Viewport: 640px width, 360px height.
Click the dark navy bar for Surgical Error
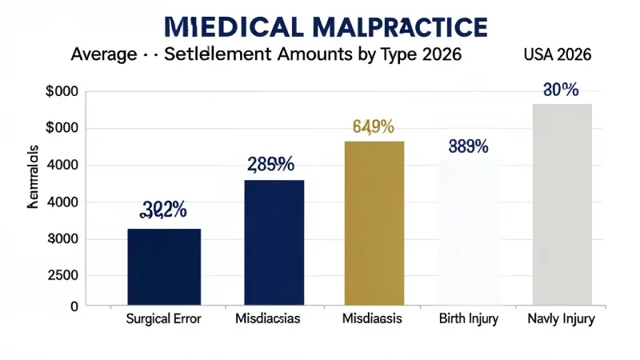(x=164, y=266)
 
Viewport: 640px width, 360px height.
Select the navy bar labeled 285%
(x=274, y=242)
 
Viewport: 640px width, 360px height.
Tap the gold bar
(x=374, y=223)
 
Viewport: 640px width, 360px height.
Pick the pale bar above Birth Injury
(x=469, y=233)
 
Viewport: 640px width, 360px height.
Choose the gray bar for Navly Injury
(x=562, y=205)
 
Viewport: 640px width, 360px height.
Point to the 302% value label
(x=164, y=210)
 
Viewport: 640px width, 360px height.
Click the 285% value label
(x=270, y=164)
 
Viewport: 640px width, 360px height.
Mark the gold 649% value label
(x=374, y=126)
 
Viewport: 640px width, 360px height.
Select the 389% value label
(x=468, y=146)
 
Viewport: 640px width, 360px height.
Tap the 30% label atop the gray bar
(x=560, y=90)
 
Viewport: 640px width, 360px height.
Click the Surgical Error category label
(x=164, y=319)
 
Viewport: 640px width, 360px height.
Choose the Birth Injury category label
(x=469, y=319)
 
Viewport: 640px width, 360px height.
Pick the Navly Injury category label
(x=562, y=319)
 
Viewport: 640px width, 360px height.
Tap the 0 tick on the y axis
(x=73, y=306)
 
